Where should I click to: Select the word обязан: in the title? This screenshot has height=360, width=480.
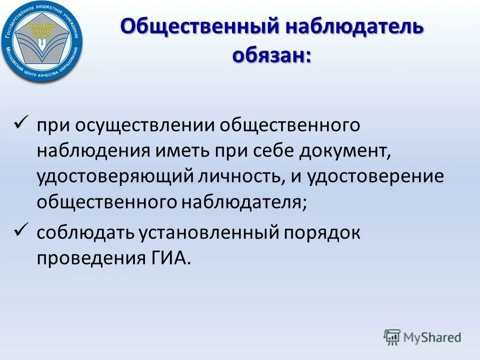pos(271,54)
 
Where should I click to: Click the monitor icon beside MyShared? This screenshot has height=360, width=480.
pos(392,337)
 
